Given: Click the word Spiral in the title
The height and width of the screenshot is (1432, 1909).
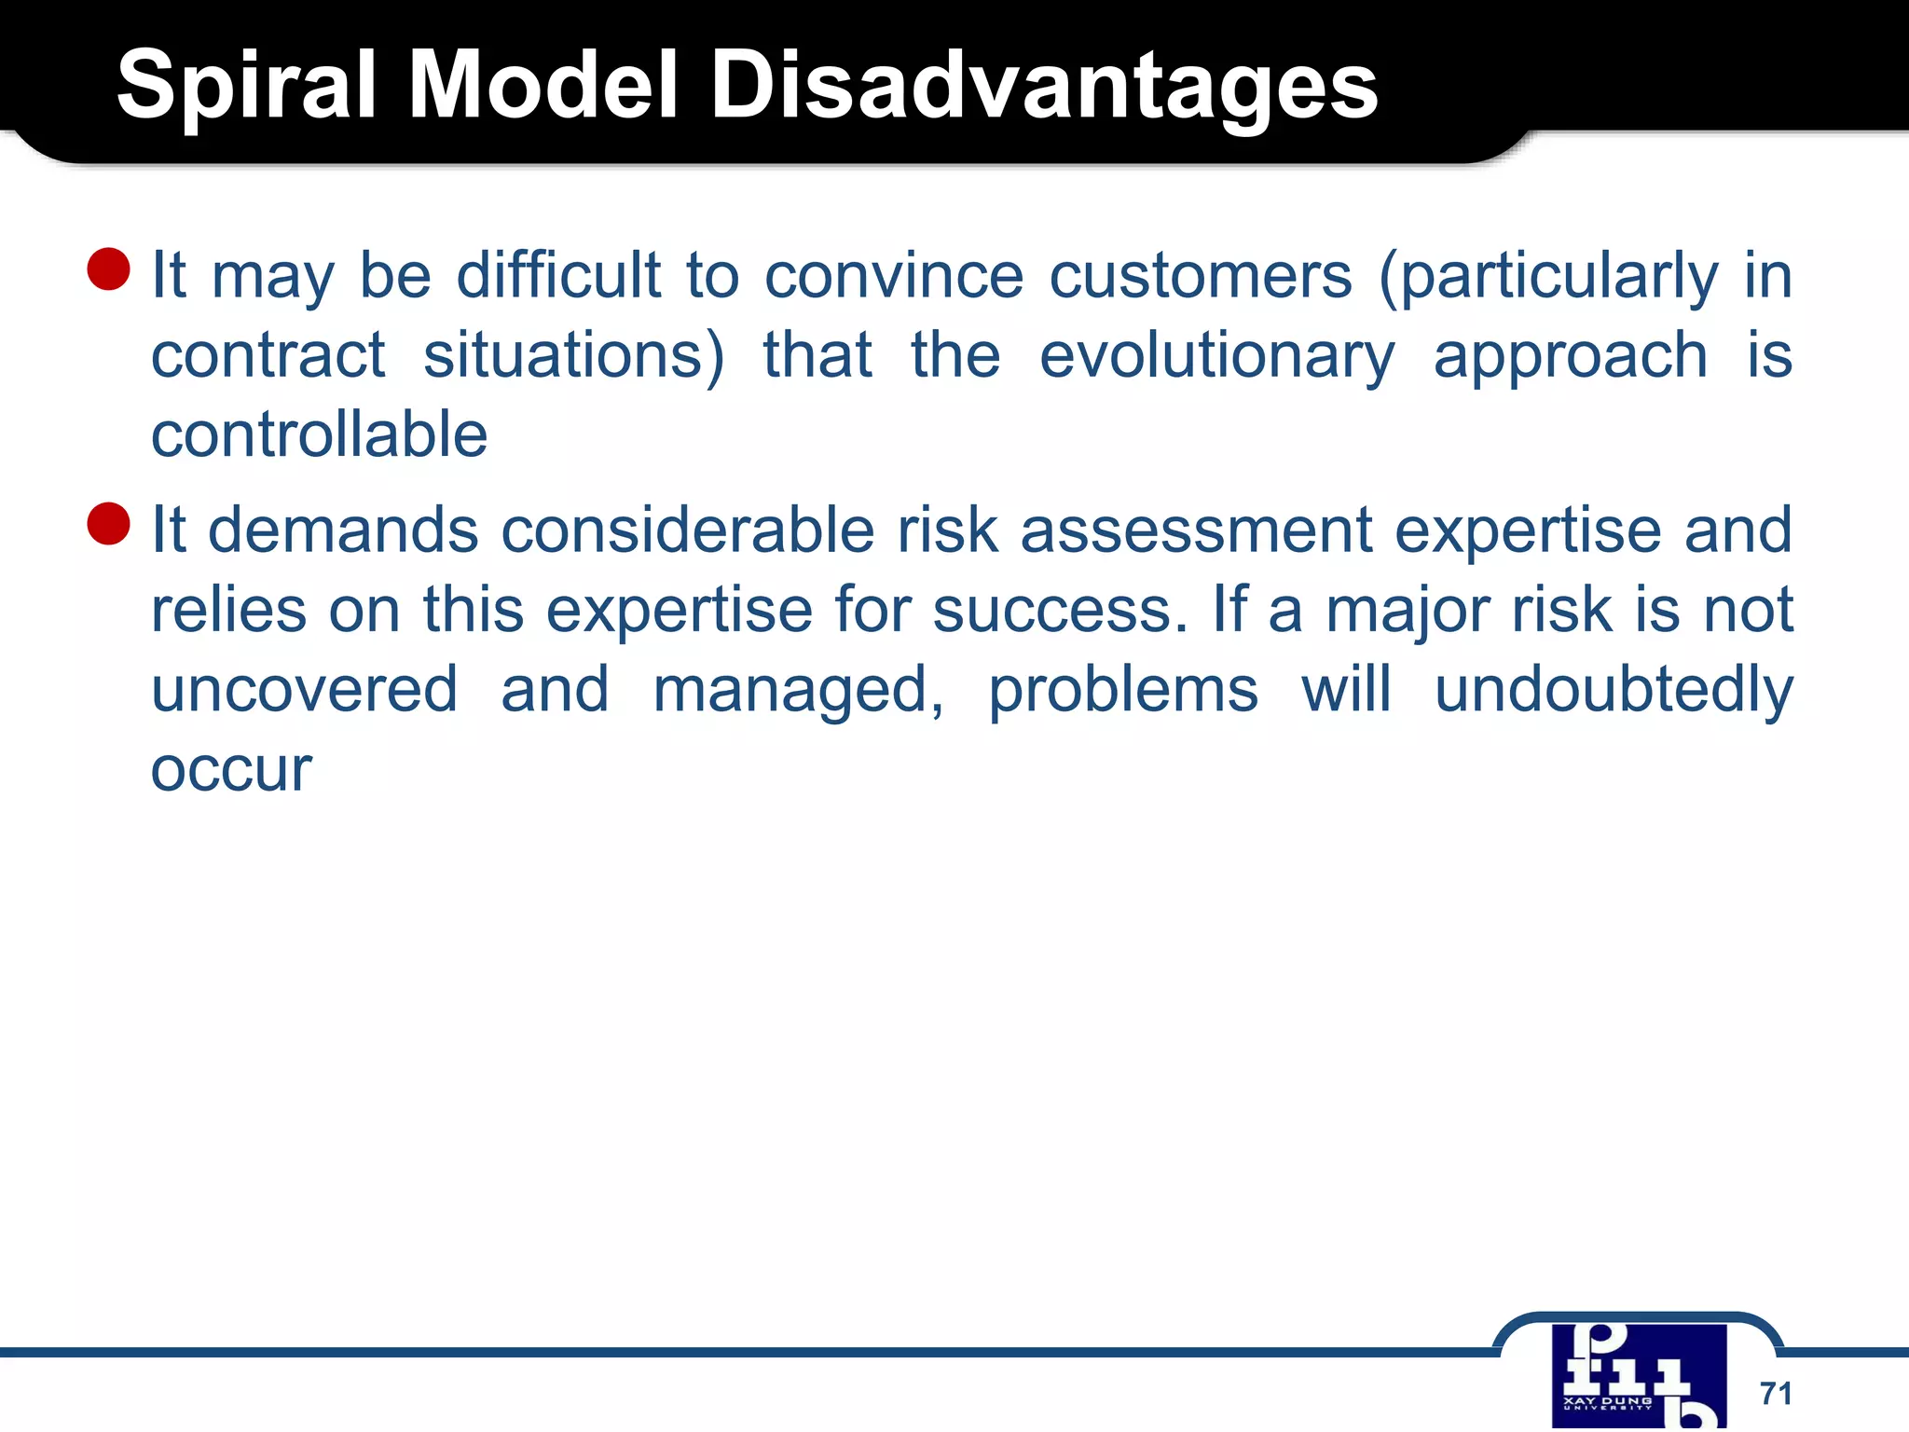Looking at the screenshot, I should click(246, 86).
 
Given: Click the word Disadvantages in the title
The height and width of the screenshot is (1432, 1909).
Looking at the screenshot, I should click(1044, 86).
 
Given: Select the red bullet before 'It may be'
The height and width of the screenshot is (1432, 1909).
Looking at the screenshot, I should click(108, 269).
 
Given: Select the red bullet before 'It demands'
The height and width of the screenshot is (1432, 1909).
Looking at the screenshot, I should click(108, 523).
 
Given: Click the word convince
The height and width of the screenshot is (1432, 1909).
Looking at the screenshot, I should click(894, 276).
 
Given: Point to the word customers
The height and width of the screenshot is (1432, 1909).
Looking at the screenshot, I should click(1201, 276).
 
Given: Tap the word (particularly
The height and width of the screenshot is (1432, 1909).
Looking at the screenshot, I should click(1547, 276).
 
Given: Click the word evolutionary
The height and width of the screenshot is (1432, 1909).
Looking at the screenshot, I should click(1216, 356).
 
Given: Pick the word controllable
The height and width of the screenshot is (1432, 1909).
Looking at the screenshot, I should click(319, 435).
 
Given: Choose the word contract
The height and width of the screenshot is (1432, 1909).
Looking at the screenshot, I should click(268, 356).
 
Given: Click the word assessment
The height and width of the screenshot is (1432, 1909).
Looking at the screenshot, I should click(1196, 530).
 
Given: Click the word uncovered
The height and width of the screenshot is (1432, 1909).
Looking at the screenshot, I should click(304, 690).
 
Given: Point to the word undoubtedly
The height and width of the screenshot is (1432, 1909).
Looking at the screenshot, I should click(1613, 690).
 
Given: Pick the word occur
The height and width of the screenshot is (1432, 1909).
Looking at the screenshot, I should click(231, 770).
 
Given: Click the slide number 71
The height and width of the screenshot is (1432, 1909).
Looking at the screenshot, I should click(1776, 1393).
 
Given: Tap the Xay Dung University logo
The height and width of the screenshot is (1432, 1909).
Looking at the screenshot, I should click(1639, 1375).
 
